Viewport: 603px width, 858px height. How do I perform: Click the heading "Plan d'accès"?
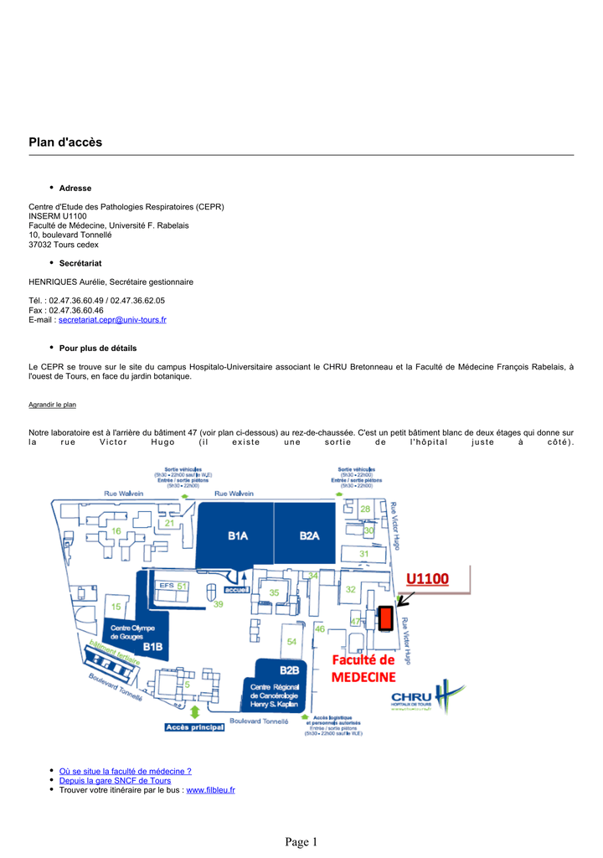tap(65, 142)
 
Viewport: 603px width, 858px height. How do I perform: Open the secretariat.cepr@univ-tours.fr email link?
tap(112, 319)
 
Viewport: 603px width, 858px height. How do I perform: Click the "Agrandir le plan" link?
tap(52, 405)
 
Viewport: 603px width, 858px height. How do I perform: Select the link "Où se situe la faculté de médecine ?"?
tap(125, 771)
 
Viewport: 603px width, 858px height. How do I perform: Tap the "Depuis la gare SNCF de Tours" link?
tap(115, 780)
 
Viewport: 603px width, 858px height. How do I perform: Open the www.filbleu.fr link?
tap(210, 789)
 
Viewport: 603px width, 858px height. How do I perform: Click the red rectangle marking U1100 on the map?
tap(386, 618)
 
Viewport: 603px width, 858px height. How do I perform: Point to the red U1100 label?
tap(427, 579)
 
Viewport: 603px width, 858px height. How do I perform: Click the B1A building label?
tap(238, 536)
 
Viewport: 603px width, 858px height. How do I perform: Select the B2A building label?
tap(310, 536)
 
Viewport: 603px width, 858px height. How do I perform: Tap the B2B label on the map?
tap(289, 670)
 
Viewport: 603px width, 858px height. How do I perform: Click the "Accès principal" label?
tap(194, 727)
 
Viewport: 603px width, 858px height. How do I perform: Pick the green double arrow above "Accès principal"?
tap(194, 711)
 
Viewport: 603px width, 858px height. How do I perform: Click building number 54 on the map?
tap(291, 642)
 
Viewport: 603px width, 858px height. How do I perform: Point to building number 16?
tap(116, 531)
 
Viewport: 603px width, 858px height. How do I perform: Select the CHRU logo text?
tap(411, 696)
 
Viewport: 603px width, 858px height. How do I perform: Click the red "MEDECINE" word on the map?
tap(363, 677)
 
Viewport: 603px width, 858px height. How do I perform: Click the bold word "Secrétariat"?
tap(80, 263)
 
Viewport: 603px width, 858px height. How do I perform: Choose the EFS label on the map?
tap(166, 586)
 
